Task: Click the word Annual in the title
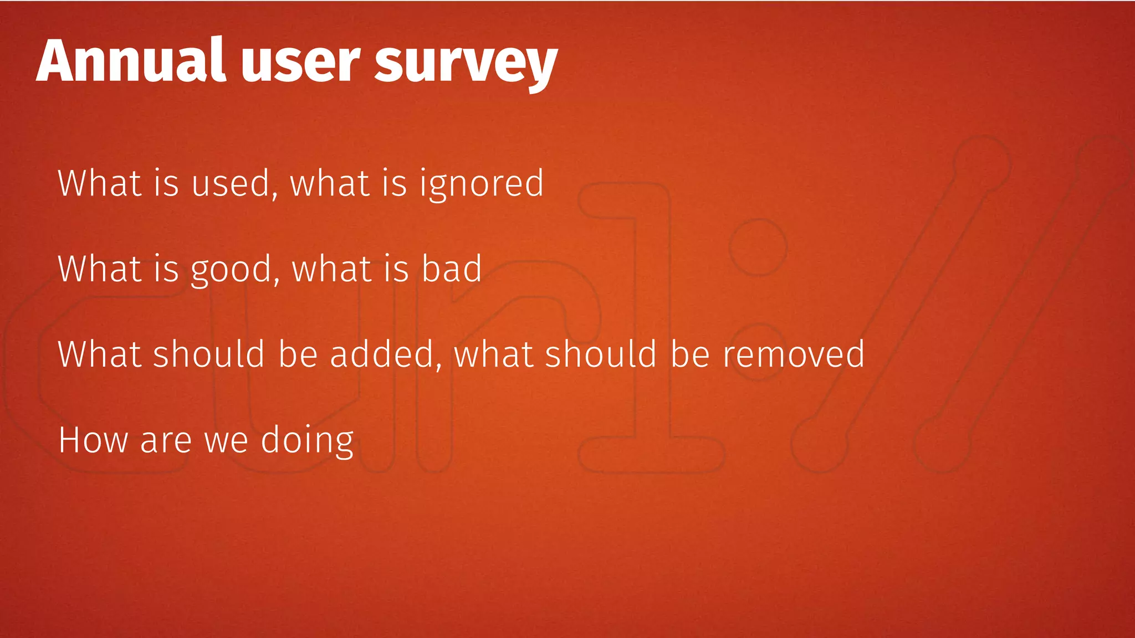pyautogui.click(x=131, y=60)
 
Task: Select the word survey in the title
pyautogui.click(x=466, y=64)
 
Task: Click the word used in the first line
pyautogui.click(x=231, y=183)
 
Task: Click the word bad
pyautogui.click(x=452, y=269)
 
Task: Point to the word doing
pyautogui.click(x=307, y=441)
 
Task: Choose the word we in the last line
pyautogui.click(x=227, y=441)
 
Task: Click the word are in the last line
pyautogui.click(x=166, y=441)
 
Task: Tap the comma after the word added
pyautogui.click(x=439, y=366)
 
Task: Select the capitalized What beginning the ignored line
pyautogui.click(x=99, y=183)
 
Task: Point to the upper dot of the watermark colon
pyautogui.click(x=758, y=247)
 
